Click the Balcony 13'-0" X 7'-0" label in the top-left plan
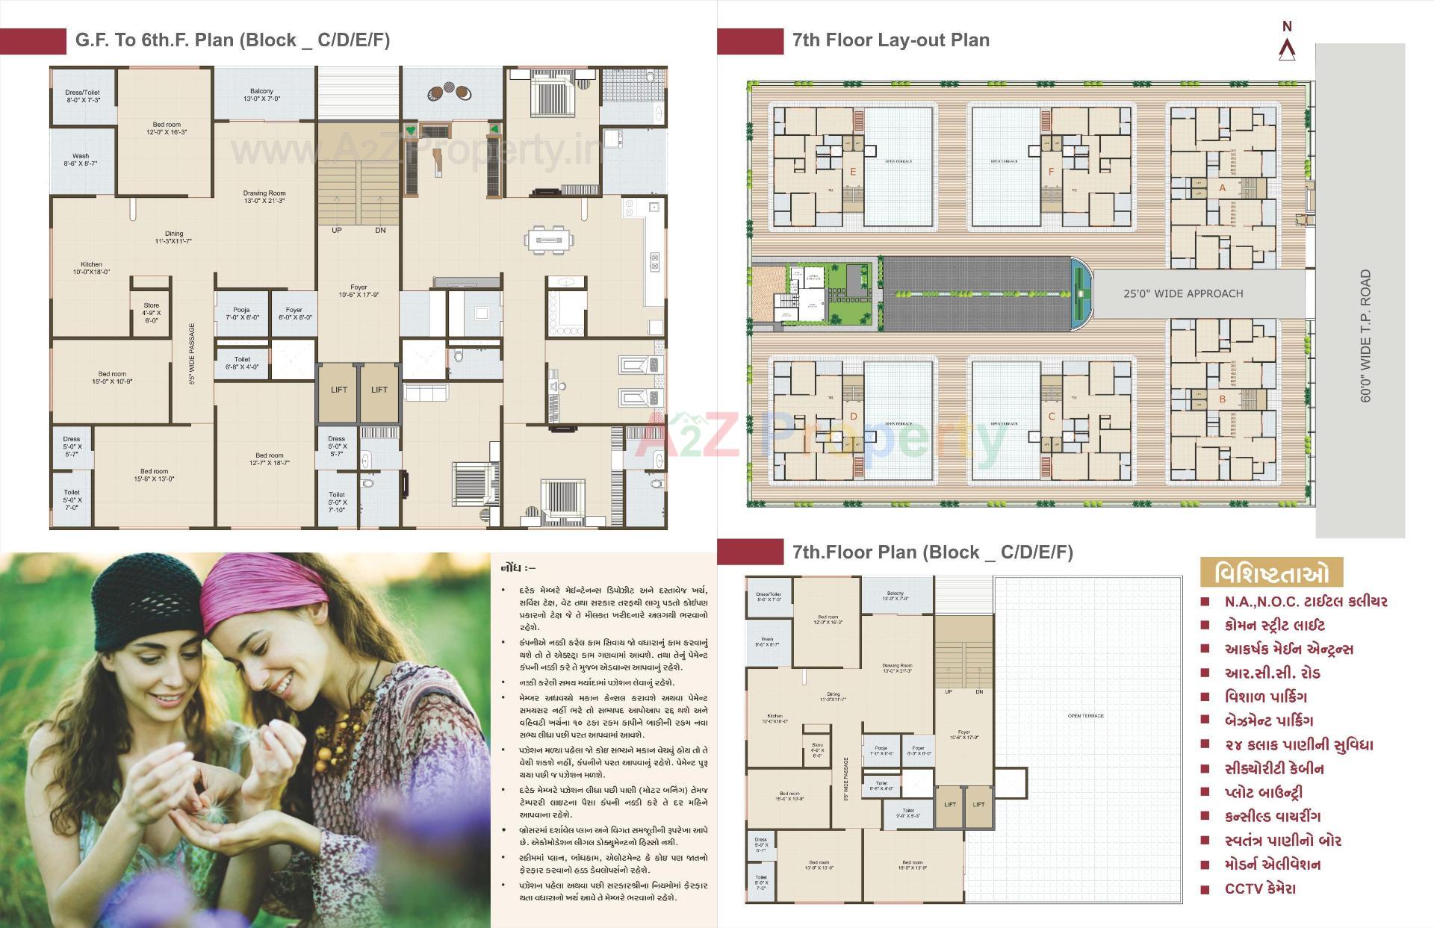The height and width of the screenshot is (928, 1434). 261,95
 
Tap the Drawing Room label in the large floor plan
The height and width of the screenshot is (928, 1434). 264,197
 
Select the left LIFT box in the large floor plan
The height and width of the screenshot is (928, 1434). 339,390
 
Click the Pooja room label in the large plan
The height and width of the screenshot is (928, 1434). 241,314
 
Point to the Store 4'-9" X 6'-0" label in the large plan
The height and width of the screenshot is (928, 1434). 152,313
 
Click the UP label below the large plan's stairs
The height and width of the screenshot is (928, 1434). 337,231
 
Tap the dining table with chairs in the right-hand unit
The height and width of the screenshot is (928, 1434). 550,240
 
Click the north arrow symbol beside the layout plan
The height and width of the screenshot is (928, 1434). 1287,49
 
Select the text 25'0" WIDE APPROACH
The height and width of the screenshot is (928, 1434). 1183,294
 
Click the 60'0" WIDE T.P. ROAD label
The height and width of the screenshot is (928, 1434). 1366,336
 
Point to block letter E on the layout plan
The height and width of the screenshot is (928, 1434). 853,172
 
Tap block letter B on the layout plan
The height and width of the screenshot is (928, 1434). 1223,399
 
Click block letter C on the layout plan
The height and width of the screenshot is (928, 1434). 1052,417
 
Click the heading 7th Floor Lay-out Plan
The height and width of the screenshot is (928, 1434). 891,40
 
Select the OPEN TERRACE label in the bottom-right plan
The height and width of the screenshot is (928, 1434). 1085,716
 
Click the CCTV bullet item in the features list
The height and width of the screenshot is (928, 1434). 1260,889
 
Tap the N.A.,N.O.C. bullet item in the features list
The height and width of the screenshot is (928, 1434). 1305,602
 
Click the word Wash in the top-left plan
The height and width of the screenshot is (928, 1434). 81,157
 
